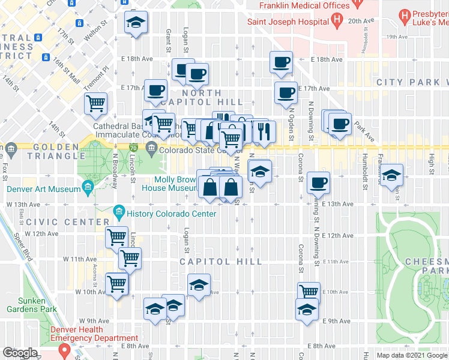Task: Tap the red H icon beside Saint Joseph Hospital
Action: tap(337, 20)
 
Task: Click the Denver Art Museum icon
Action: tap(88, 189)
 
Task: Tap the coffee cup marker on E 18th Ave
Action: tap(281, 62)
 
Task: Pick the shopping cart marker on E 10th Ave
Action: tap(309, 291)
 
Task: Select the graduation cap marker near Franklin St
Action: tap(393, 175)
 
